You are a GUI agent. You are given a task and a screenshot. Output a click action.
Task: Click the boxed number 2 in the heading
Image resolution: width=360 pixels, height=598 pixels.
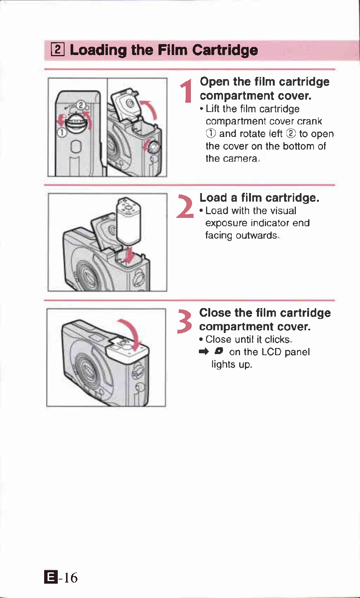[57, 50]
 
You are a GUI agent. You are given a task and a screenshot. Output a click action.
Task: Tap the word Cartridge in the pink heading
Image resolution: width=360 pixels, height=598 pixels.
[225, 50]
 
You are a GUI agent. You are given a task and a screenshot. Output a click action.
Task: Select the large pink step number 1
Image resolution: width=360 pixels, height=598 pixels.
[187, 91]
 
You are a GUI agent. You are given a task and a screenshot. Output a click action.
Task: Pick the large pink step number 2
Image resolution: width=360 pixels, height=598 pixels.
[185, 206]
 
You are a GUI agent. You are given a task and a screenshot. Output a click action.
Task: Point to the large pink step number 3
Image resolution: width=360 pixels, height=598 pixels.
[185, 321]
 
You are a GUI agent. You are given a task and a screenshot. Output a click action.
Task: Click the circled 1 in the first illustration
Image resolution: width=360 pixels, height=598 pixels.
[62, 132]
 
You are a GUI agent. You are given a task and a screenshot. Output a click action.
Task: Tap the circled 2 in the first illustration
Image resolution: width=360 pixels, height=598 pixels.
[80, 105]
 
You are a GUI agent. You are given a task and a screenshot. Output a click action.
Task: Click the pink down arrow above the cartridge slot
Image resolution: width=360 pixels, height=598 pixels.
[130, 255]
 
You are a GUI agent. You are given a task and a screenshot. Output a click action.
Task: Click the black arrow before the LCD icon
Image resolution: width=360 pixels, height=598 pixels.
[204, 352]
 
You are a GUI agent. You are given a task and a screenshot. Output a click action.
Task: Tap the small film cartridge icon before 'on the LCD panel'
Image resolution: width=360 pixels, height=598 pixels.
[219, 351]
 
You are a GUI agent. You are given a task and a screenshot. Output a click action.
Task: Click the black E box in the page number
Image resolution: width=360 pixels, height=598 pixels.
[51, 577]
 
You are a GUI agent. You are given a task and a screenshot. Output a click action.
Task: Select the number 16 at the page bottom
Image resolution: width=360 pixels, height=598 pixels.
[71, 577]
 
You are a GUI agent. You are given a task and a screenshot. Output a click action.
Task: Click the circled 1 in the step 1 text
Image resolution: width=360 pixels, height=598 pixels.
[211, 133]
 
